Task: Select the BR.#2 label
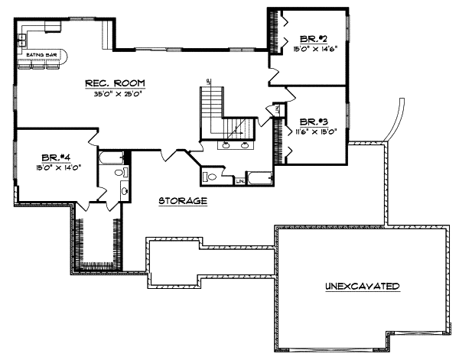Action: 314,38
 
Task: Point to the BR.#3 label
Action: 314,122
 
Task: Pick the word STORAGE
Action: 183,201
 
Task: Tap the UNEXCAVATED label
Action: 362,287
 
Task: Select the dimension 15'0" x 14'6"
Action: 314,47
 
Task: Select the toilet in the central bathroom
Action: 212,178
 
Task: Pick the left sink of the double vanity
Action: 227,144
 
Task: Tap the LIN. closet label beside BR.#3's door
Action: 276,112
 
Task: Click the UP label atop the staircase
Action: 208,82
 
